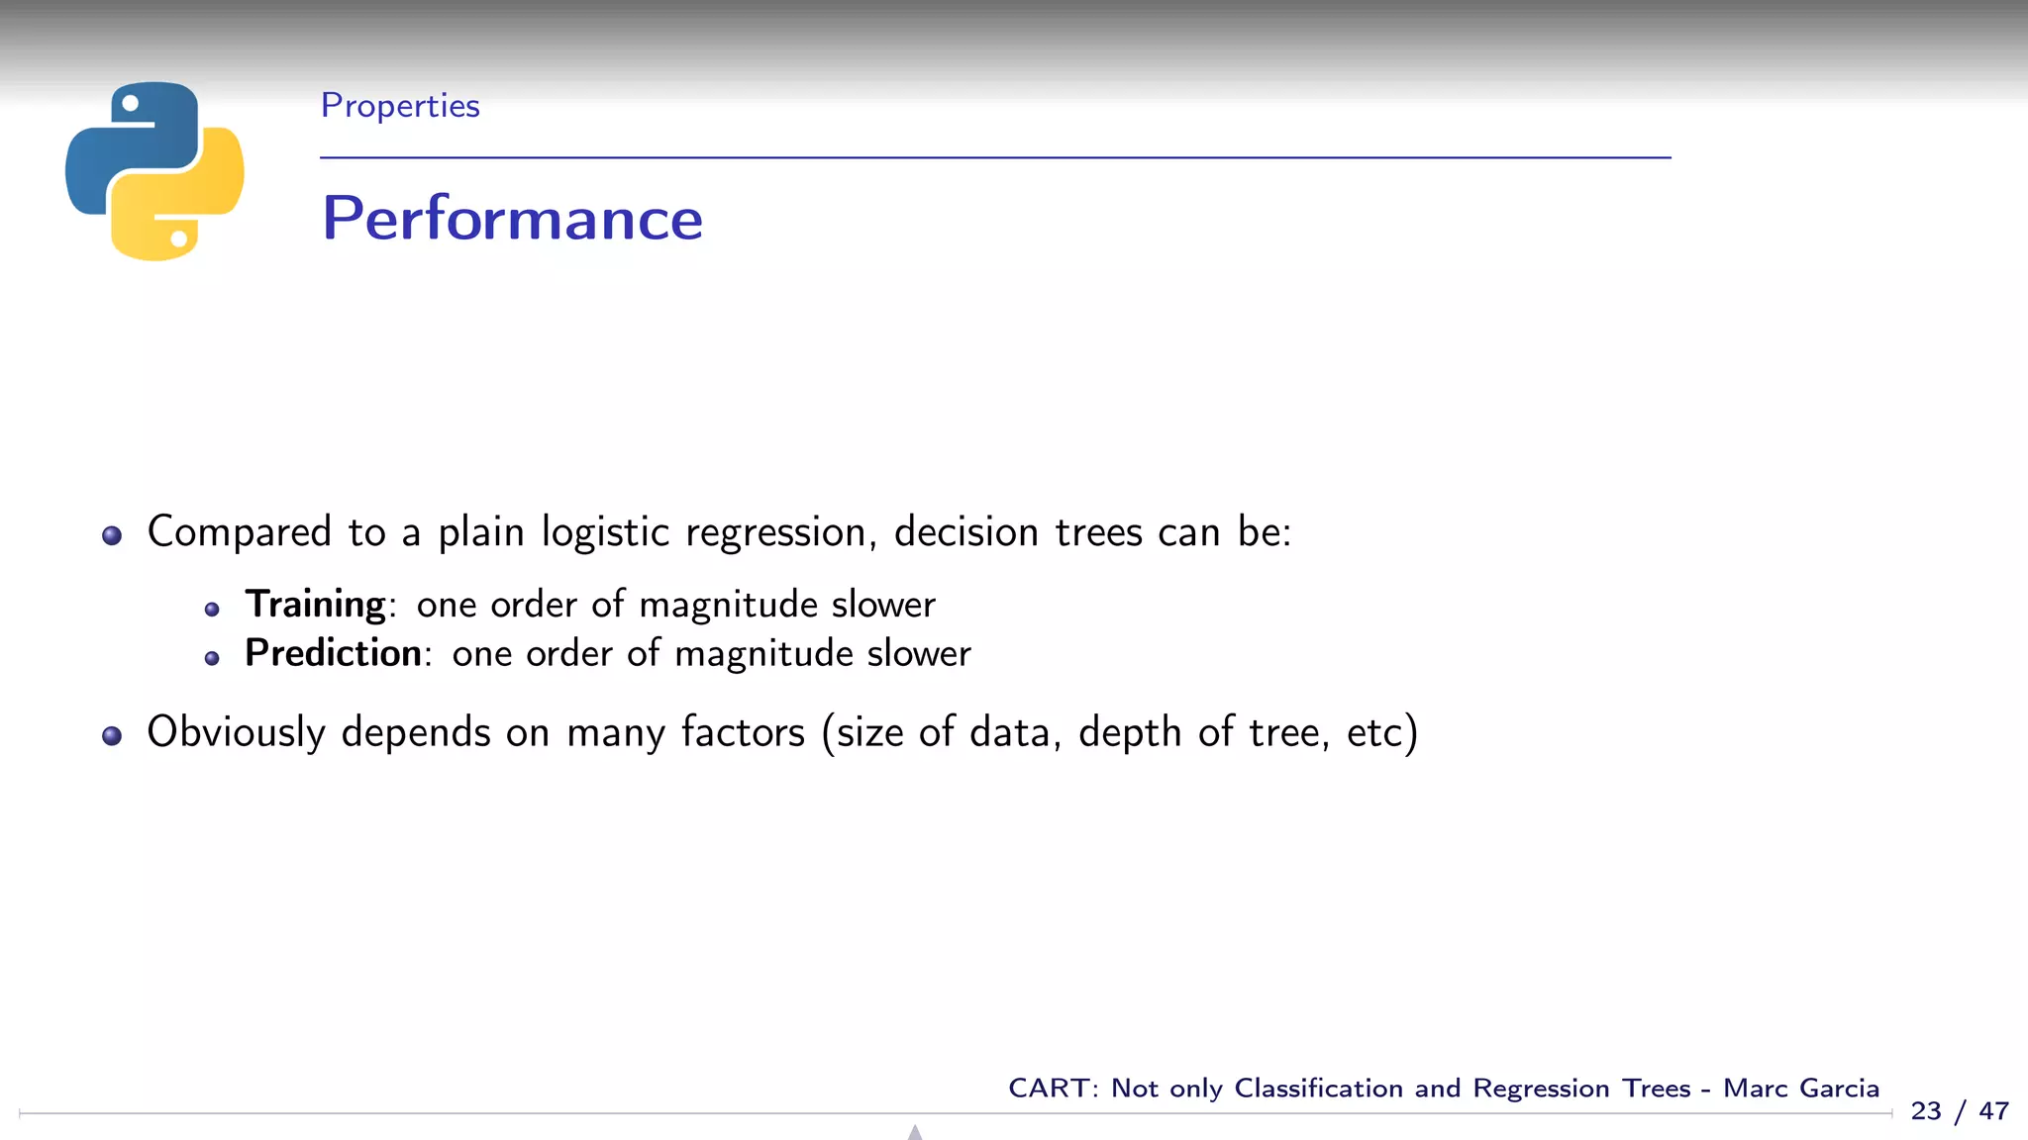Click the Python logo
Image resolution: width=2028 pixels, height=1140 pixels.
pyautogui.click(x=154, y=171)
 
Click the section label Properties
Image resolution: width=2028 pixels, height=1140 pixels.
pyautogui.click(x=400, y=106)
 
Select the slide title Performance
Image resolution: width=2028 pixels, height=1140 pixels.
pyautogui.click(x=512, y=218)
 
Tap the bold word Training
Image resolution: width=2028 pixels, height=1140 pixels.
pyautogui.click(x=315, y=604)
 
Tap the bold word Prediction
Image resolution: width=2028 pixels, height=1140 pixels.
pyautogui.click(x=333, y=653)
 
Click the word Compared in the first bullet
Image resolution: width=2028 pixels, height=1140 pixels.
pyautogui.click(x=239, y=532)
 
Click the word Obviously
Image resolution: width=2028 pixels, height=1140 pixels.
pyautogui.click(x=236, y=732)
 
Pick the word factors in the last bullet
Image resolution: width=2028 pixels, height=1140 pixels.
pyautogui.click(x=743, y=732)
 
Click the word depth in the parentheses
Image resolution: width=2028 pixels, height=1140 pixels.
pyautogui.click(x=1130, y=732)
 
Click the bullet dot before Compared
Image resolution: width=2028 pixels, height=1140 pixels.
pyautogui.click(x=112, y=535)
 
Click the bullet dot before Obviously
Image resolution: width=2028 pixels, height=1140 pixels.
pyautogui.click(x=112, y=735)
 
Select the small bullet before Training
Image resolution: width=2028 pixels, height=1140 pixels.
pyautogui.click(x=212, y=609)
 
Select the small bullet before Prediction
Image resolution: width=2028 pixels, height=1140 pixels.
pyautogui.click(x=212, y=658)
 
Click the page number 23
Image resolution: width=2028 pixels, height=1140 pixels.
pyautogui.click(x=1926, y=1111)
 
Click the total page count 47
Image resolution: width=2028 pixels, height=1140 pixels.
pyautogui.click(x=1993, y=1111)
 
